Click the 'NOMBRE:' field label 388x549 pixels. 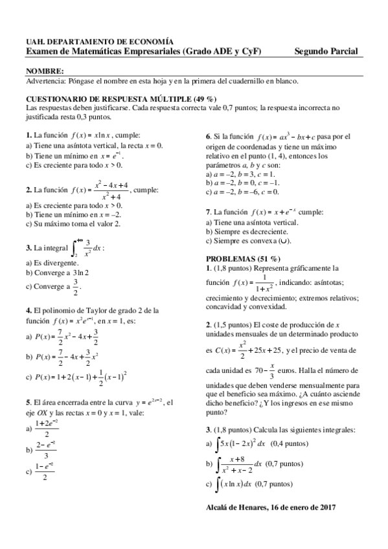(x=45, y=70)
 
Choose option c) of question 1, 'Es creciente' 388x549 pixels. (x=74, y=165)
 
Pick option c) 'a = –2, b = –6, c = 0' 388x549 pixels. (x=242, y=192)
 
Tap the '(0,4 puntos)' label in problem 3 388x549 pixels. (x=289, y=443)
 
